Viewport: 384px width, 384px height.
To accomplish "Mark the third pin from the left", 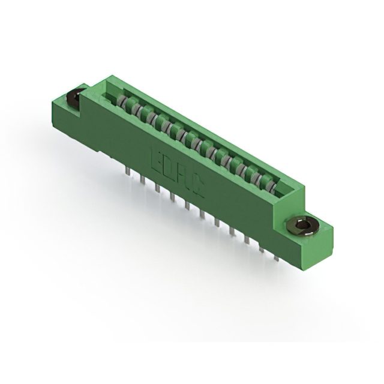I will coord(157,189).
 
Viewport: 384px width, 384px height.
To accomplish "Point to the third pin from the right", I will coord(247,239).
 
